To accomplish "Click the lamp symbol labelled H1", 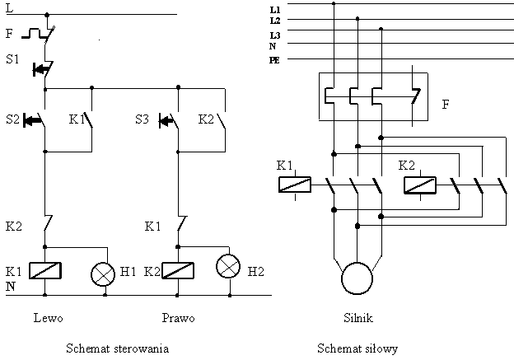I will click(104, 271).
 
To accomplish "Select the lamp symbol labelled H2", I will click(228, 266).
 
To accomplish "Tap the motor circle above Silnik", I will click(357, 277).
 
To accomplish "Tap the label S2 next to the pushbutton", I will click(12, 119).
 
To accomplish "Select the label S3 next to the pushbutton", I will click(143, 119).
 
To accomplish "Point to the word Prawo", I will click(180, 317).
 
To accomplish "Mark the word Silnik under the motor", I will click(357, 317).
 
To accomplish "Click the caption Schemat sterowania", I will click(117, 348).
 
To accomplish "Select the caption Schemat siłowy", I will click(357, 348).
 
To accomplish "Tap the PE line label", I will click(274, 60).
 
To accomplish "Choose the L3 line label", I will click(274, 36).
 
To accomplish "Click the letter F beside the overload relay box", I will click(446, 105).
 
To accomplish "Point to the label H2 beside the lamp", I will click(256, 270).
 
